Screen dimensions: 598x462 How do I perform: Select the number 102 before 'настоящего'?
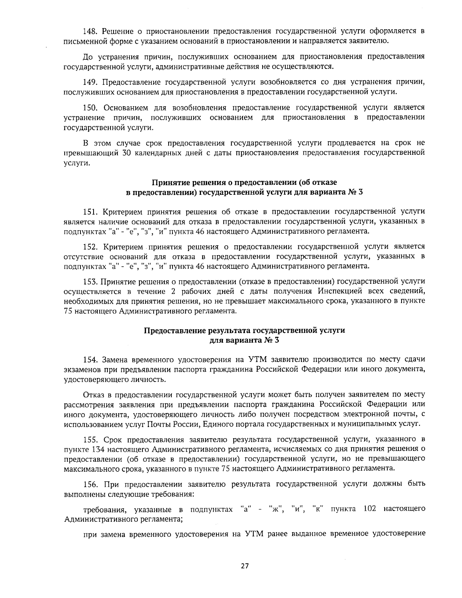pos(369,509)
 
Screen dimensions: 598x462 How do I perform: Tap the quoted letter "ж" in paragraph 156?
pos(276,509)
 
